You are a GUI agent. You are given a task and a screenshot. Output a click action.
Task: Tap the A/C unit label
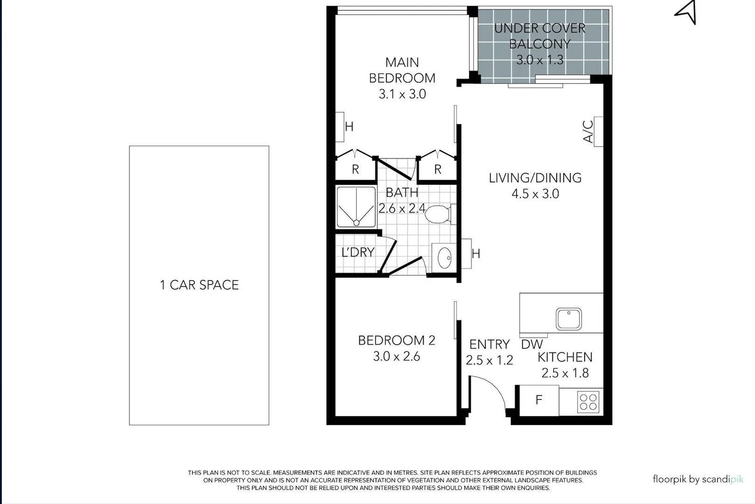[589, 132]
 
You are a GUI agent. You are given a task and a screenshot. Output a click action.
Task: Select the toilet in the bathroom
[439, 215]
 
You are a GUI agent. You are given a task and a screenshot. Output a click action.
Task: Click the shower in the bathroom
[356, 207]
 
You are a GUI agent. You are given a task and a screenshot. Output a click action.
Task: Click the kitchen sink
[568, 319]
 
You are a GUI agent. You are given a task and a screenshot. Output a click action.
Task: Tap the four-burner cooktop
[588, 402]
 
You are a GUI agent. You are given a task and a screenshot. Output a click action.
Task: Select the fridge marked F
[539, 400]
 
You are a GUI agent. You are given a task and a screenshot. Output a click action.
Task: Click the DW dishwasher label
[532, 344]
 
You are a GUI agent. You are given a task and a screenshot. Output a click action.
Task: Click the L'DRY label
[358, 252]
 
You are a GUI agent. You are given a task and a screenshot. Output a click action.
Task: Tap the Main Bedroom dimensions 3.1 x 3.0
[402, 94]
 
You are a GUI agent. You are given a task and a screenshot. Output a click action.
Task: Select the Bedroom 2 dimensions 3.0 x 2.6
[397, 357]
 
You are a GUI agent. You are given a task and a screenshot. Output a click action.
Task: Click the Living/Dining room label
[535, 178]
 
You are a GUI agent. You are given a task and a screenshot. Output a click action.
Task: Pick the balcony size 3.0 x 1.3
[540, 60]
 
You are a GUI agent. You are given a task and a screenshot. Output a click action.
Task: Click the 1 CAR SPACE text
[199, 285]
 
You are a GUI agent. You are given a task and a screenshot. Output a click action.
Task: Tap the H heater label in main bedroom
[349, 126]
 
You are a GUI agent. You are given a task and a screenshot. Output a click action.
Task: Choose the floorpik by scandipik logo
[698, 479]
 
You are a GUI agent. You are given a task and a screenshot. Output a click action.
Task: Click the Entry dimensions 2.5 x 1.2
[489, 360]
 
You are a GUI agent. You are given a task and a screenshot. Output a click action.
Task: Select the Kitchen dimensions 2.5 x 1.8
[565, 373]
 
